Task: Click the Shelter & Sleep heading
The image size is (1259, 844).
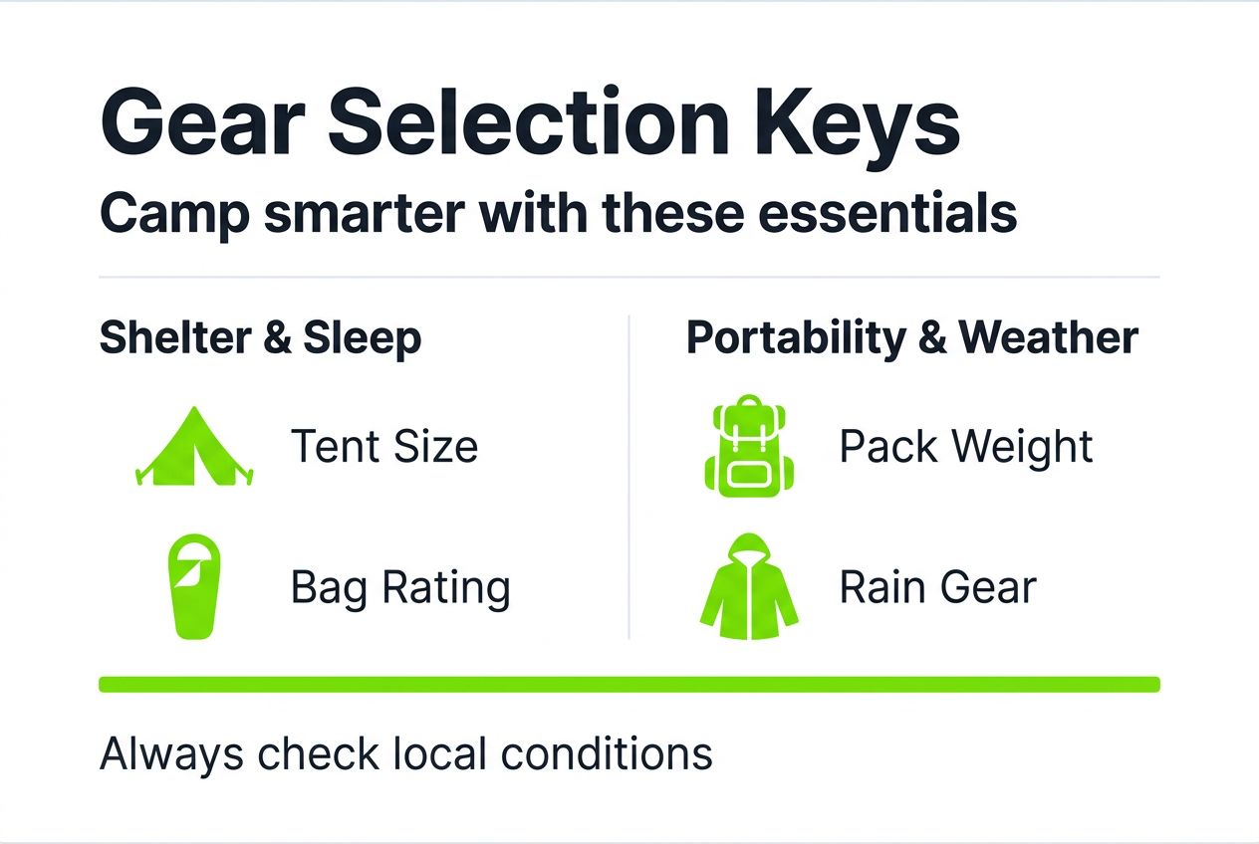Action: click(x=260, y=338)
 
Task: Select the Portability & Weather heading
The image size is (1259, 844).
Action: click(x=911, y=338)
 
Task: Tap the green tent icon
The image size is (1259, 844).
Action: click(x=194, y=447)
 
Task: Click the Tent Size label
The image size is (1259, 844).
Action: click(x=384, y=446)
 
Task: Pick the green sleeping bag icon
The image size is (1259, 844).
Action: click(x=194, y=586)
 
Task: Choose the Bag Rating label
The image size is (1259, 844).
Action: click(x=400, y=587)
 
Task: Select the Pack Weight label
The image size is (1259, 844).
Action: click(x=966, y=447)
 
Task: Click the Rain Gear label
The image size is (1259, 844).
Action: click(x=937, y=587)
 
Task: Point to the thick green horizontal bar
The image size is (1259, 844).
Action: click(x=629, y=684)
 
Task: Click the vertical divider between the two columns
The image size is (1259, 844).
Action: click(x=629, y=478)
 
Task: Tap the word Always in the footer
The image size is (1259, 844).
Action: click(x=170, y=755)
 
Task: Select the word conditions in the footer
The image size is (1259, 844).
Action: click(x=607, y=755)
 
